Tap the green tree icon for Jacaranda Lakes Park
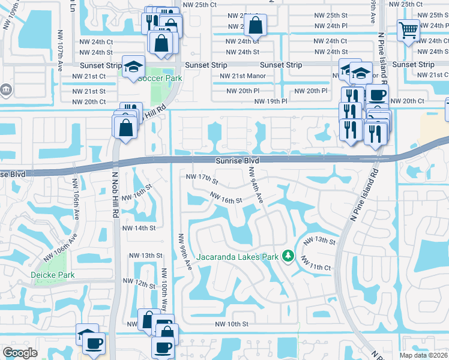click(288, 256)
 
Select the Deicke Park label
click(51, 275)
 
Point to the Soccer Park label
click(159, 78)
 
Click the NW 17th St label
click(202, 178)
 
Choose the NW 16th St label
click(226, 197)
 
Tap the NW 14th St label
click(139, 228)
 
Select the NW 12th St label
click(140, 282)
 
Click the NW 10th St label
click(232, 324)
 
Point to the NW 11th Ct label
click(316, 263)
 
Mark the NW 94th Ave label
click(256, 185)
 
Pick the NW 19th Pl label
click(271, 101)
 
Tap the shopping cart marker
click(408, 29)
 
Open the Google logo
click(20, 353)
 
